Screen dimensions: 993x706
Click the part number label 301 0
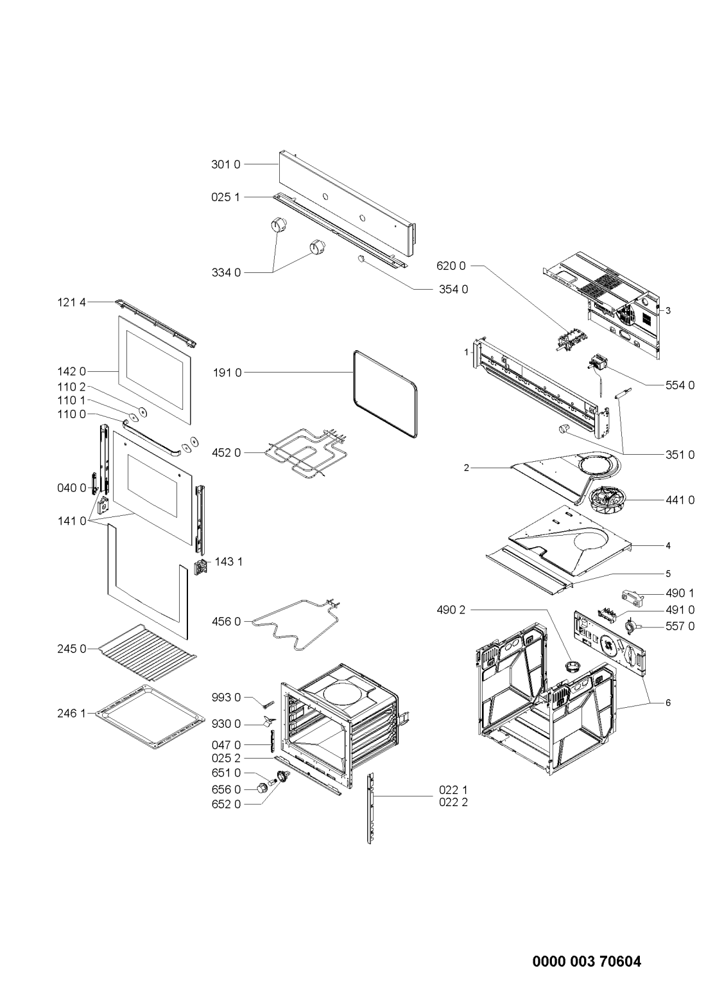coord(225,164)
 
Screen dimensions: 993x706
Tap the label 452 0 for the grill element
coord(227,453)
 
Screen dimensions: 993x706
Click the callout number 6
coord(667,703)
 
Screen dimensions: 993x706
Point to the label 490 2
coord(452,610)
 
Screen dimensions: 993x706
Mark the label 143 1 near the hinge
coord(228,561)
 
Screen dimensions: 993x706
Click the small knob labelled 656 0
coord(262,789)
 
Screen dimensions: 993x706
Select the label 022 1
coord(452,789)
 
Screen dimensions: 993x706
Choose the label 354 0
coord(454,289)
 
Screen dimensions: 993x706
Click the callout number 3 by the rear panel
coord(667,311)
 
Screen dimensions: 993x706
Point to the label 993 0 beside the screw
coord(227,698)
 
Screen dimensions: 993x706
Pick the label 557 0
coord(680,626)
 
